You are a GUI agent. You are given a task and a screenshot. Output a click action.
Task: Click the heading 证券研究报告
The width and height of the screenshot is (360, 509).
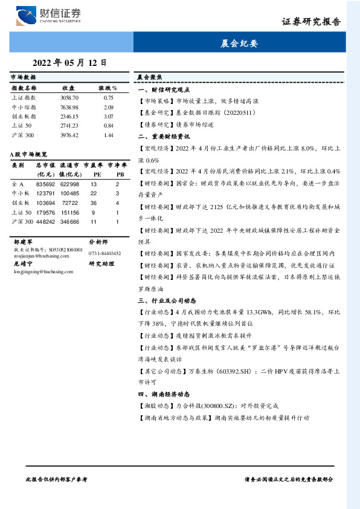coord(311,22)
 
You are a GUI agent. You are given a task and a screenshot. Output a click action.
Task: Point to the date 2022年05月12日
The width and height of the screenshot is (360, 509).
coord(69,62)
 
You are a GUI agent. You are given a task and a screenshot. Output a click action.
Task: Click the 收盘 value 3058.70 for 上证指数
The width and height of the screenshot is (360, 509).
coord(69,97)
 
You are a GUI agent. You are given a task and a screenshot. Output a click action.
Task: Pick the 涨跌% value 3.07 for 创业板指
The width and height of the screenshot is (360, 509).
coord(109,116)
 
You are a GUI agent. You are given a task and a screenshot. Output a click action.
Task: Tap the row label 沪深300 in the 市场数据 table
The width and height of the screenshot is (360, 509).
coord(23,135)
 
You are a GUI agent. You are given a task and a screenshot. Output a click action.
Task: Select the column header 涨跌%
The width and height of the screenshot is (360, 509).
coord(108,88)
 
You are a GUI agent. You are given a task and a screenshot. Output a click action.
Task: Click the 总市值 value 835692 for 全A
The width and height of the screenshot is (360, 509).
coord(46,184)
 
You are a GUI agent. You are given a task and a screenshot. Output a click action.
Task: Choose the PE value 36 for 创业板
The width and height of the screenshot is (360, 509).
coord(94,203)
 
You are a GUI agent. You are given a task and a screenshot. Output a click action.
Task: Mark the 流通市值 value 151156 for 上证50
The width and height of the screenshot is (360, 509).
coord(70,212)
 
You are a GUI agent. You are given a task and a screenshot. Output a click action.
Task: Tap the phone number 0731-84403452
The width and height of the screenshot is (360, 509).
coord(105,253)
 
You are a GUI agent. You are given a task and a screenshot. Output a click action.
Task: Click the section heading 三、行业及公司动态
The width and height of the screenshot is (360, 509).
coord(166,300)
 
